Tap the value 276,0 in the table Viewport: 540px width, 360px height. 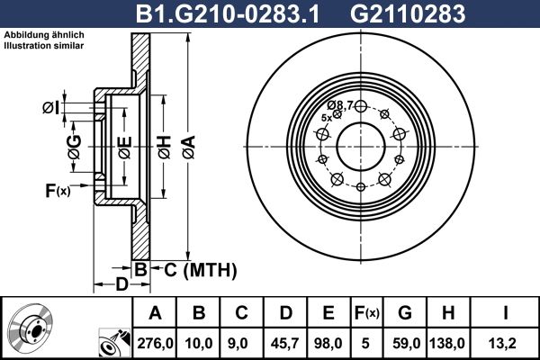[x=154, y=343]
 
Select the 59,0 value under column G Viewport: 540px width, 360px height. [x=407, y=343]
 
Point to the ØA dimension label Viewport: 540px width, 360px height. [x=188, y=142]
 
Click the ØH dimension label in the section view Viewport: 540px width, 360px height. [x=164, y=142]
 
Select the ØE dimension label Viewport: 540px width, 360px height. [x=125, y=143]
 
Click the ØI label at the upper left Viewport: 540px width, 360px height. [x=52, y=109]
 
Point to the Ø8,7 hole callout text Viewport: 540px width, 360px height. [x=339, y=104]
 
